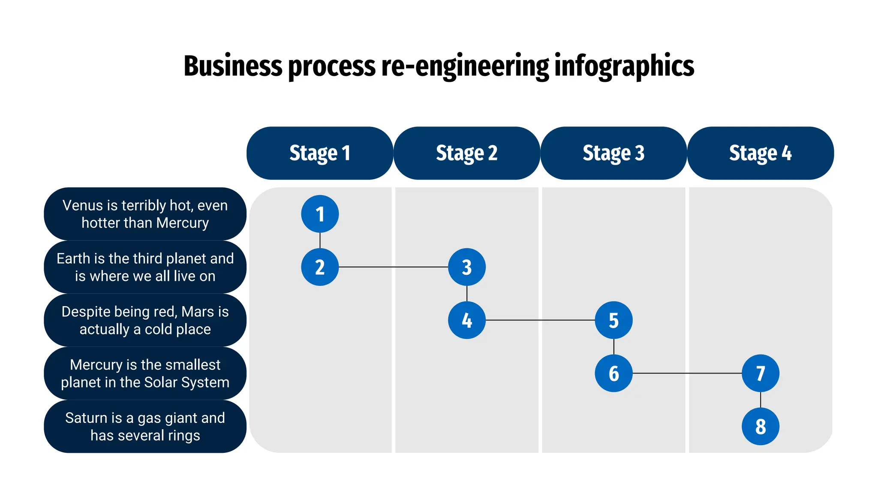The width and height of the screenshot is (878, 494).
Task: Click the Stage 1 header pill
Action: coord(320,153)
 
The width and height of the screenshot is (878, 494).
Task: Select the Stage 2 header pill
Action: coord(466,153)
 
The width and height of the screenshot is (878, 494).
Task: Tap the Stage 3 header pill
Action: coord(613,153)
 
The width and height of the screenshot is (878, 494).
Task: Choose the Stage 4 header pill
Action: coord(760,153)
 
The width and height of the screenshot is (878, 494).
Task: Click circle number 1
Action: coord(320,214)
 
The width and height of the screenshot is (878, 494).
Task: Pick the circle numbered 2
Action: coord(320,267)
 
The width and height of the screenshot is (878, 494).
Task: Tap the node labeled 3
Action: coord(467,267)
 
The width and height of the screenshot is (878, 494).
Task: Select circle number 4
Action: coord(467,320)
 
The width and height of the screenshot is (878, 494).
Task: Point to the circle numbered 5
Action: coord(613,320)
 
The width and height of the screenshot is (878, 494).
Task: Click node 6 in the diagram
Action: coord(613,374)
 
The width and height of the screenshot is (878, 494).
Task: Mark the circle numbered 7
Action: coord(761,374)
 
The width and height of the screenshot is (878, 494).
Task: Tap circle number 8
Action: coord(761,427)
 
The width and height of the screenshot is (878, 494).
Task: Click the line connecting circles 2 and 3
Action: coord(393,267)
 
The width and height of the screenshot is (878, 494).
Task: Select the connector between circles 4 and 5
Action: coord(540,320)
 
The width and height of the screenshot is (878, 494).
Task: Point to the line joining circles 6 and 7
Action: coord(687,374)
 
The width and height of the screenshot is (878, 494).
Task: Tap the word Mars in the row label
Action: coord(198,312)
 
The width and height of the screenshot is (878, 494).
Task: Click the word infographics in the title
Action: coord(624,66)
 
